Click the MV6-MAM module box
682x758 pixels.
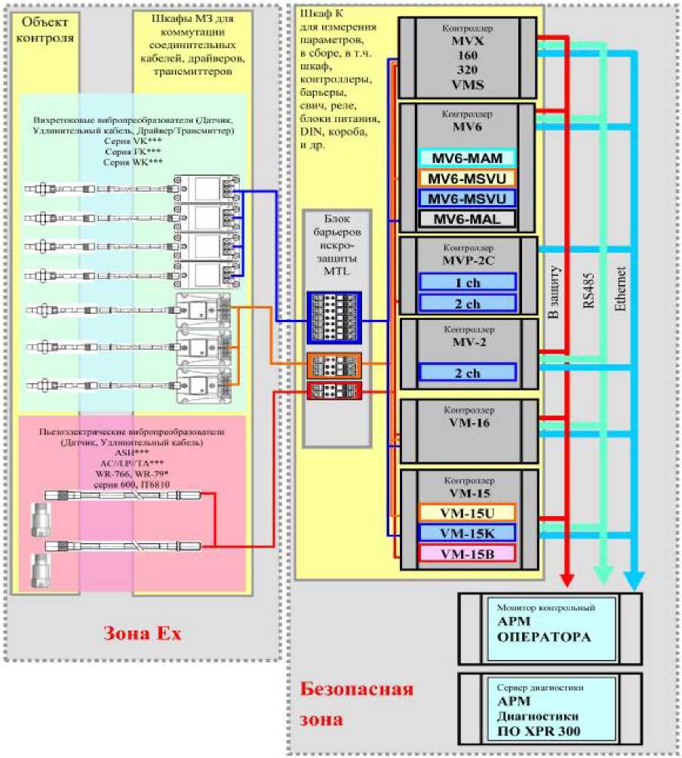pyautogui.click(x=467, y=158)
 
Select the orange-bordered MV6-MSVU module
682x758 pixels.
pyautogui.click(x=467, y=178)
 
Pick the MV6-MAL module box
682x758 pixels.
pyautogui.click(x=467, y=219)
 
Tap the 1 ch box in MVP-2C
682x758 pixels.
pyautogui.click(x=467, y=281)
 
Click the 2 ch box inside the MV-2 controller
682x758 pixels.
pyautogui.click(x=467, y=372)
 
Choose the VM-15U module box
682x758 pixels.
pyautogui.click(x=467, y=512)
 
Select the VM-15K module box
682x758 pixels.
pyautogui.click(x=467, y=532)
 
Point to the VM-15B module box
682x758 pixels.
pyautogui.click(x=467, y=553)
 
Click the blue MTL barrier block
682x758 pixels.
pyautogui.click(x=334, y=317)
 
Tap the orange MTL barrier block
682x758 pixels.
pyautogui.click(x=334, y=365)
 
